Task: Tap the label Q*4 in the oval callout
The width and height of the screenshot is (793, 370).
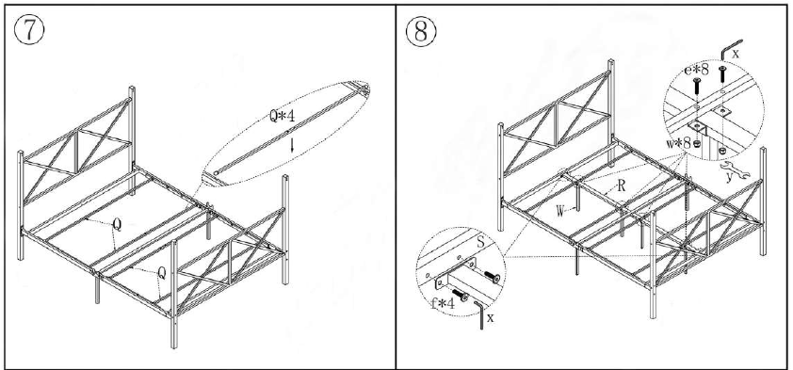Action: coord(283,117)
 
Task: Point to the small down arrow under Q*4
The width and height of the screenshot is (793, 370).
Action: coord(292,144)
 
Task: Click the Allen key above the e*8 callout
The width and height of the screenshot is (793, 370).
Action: coord(729,46)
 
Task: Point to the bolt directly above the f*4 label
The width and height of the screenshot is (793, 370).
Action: coord(460,295)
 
